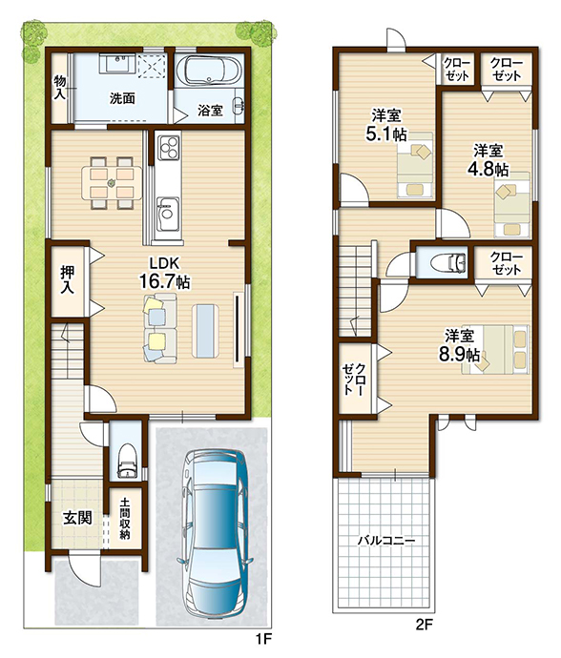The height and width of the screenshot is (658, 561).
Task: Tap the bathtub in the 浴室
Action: coord(208,71)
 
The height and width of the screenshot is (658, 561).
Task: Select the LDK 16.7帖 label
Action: coord(165,273)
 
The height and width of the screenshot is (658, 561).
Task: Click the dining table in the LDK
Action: coord(113,182)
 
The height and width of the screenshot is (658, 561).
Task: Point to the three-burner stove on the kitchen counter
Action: coord(168,147)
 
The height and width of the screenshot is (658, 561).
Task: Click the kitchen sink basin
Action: coord(168,214)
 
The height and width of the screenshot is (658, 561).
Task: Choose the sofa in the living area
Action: coord(160,328)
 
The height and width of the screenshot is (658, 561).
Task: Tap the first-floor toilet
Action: coord(126,460)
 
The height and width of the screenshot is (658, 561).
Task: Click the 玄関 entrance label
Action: coord(77,518)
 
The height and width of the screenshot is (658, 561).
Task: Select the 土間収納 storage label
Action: coord(125,519)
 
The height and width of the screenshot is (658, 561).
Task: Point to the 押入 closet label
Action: coord(67,279)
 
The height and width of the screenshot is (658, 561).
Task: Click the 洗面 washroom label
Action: coord(122,98)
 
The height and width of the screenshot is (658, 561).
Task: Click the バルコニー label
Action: coord(386,541)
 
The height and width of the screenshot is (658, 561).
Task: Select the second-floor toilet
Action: coord(448,262)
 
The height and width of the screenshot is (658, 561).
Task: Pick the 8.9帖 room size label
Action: coord(459,355)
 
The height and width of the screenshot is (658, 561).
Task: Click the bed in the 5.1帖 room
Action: coord(415,165)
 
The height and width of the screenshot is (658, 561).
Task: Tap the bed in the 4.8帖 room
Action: coord(511,204)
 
